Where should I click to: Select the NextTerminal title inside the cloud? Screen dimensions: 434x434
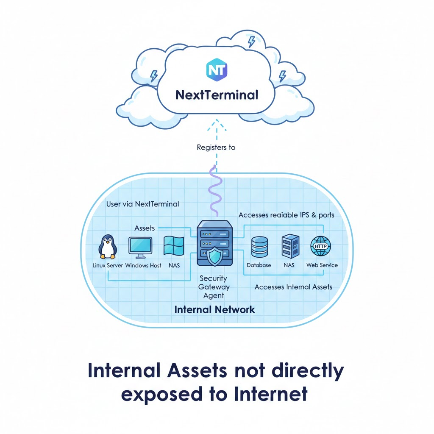[217, 94]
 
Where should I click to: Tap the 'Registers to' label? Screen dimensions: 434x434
[216, 147]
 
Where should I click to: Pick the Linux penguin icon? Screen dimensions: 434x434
[107, 248]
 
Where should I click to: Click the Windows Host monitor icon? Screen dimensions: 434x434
[140, 248]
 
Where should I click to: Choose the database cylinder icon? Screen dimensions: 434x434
[259, 248]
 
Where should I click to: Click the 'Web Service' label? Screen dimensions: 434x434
[322, 265]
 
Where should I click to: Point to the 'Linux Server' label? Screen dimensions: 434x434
[108, 266]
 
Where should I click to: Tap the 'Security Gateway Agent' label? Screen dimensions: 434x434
[213, 287]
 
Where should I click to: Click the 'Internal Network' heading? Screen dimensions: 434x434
[215, 309]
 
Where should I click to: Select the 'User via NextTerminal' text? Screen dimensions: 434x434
[142, 204]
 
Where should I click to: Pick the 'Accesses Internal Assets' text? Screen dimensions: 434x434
[293, 287]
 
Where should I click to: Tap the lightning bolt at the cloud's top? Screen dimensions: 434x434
[251, 41]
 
